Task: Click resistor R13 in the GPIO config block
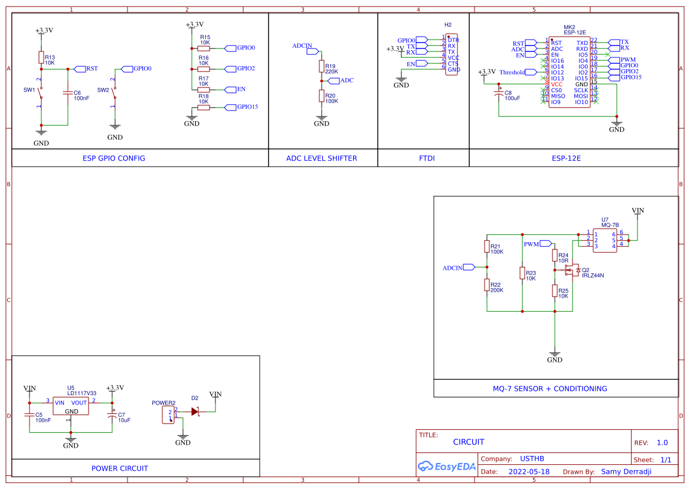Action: pyautogui.click(x=41, y=57)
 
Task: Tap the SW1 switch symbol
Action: pyautogui.click(x=40, y=93)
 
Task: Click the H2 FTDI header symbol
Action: pyautogui.click(x=452, y=54)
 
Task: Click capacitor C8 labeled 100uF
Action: pyautogui.click(x=499, y=94)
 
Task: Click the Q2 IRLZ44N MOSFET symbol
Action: pyautogui.click(x=572, y=270)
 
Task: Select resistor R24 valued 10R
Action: pyautogui.click(x=555, y=255)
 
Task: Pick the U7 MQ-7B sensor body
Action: pyautogui.click(x=605, y=240)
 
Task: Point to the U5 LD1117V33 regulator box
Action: pyautogui.click(x=71, y=406)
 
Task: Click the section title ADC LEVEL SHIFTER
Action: pyautogui.click(x=321, y=158)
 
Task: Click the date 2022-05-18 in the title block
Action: pyautogui.click(x=528, y=472)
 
